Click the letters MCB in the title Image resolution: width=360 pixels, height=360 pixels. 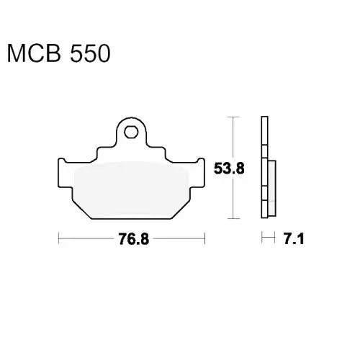tap(34, 53)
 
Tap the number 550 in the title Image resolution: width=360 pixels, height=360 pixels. tap(90, 53)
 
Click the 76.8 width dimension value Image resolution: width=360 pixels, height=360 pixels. tap(134, 239)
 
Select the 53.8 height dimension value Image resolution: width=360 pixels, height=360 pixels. tap(229, 168)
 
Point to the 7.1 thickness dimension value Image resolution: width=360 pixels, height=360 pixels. tap(294, 239)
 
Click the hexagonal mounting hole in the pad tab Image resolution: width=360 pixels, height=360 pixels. tap(131, 132)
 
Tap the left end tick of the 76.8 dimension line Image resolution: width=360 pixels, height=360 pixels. tap(58, 238)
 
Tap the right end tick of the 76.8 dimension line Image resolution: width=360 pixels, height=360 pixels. tap(204, 238)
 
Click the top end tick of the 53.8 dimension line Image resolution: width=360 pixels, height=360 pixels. tap(233, 117)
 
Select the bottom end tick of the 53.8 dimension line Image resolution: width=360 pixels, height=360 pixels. tap(233, 218)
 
